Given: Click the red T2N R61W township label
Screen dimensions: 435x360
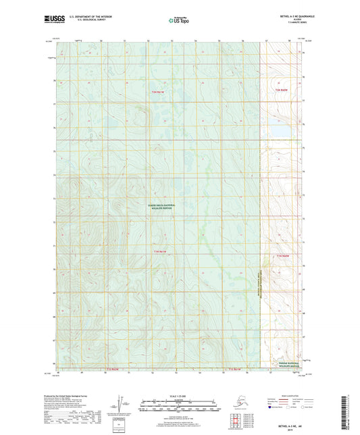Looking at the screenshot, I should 159,91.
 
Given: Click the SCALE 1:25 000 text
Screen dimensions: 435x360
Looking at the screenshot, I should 179,395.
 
